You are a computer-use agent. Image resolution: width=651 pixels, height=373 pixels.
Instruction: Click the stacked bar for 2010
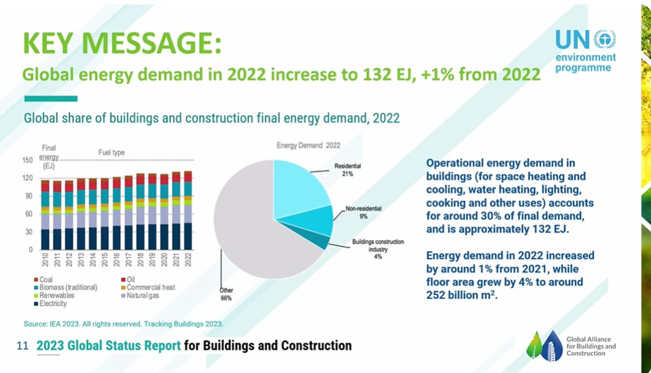45,215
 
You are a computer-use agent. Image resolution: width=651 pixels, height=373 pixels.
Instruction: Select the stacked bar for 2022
188,210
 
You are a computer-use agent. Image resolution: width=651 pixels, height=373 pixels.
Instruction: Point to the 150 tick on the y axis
27,160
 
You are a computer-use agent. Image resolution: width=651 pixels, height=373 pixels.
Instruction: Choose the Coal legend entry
43,280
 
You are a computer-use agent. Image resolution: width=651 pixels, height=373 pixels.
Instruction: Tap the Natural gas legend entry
140,295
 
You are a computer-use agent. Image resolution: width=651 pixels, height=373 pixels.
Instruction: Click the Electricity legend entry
50,304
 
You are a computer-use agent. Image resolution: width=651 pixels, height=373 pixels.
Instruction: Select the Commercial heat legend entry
148,287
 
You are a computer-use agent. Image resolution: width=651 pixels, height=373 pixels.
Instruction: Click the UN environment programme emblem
605,39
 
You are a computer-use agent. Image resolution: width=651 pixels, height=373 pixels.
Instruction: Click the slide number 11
22,346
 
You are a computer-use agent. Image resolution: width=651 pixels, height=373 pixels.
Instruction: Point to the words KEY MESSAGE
122,43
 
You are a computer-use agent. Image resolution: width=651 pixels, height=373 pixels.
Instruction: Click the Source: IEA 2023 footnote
123,324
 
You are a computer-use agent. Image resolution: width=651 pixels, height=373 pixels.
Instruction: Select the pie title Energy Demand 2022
308,146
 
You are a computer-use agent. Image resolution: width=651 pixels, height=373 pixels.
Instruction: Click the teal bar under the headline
51,98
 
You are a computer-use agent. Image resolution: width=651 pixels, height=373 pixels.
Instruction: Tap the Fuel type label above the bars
111,153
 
